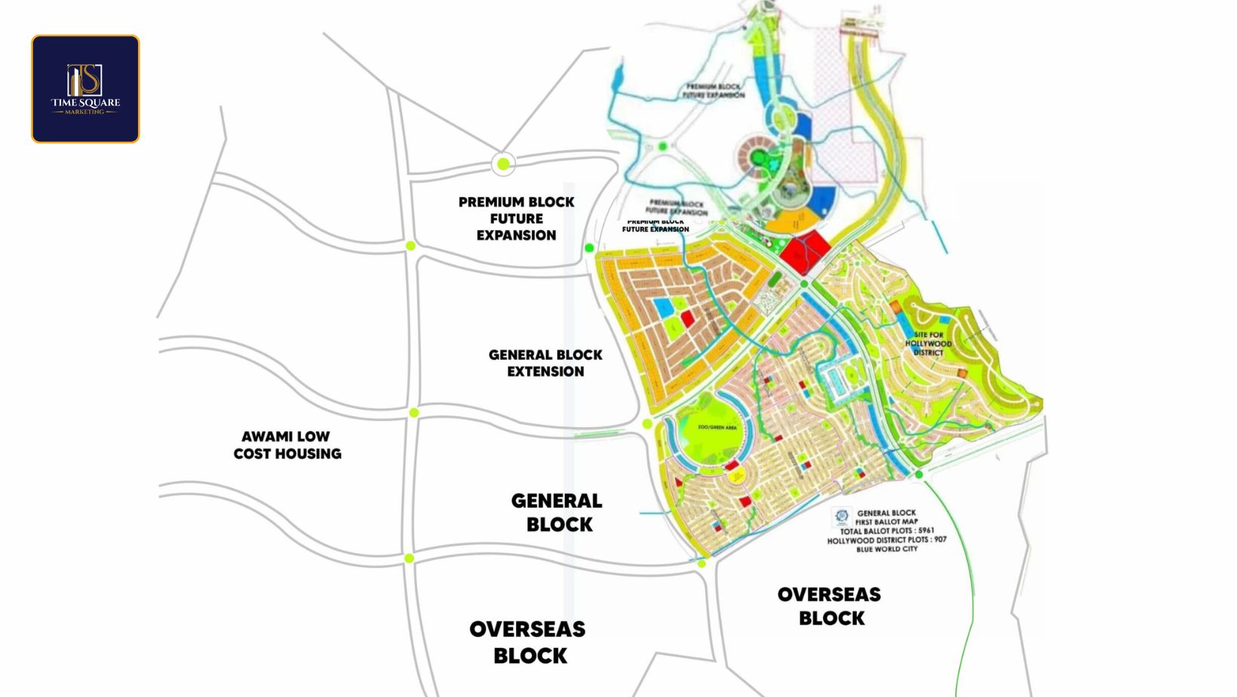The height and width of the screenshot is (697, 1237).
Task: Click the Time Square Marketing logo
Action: coord(85,89)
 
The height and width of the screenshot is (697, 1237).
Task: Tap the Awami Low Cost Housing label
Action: coord(287,445)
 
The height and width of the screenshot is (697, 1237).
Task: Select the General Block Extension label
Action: coord(545,363)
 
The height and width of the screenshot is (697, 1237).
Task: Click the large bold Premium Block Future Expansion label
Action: coord(517,219)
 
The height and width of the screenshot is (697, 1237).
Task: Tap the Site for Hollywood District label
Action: coord(928,343)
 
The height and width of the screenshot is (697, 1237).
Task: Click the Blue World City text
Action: coord(886,549)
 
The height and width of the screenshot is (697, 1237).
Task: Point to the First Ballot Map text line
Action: coord(886,522)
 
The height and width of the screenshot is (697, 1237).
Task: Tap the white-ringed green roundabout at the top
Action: coord(503,164)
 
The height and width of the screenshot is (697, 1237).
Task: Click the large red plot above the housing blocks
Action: coord(805,251)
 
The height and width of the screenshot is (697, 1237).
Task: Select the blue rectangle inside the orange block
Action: coord(664,307)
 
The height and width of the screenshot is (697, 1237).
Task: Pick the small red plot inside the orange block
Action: coord(687,319)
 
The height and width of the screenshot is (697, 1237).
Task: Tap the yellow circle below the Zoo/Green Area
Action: coord(734,474)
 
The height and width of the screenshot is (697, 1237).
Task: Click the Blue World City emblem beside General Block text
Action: coord(842,517)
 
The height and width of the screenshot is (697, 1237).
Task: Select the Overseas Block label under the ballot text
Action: coord(830,606)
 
